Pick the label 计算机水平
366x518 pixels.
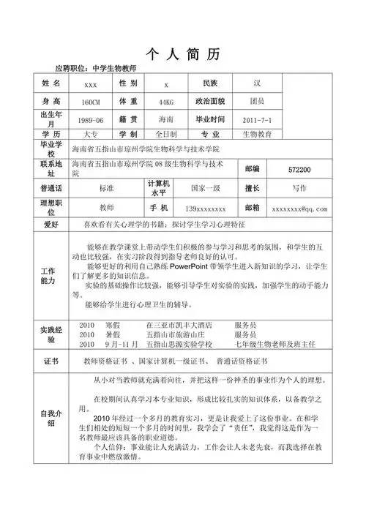159,188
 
